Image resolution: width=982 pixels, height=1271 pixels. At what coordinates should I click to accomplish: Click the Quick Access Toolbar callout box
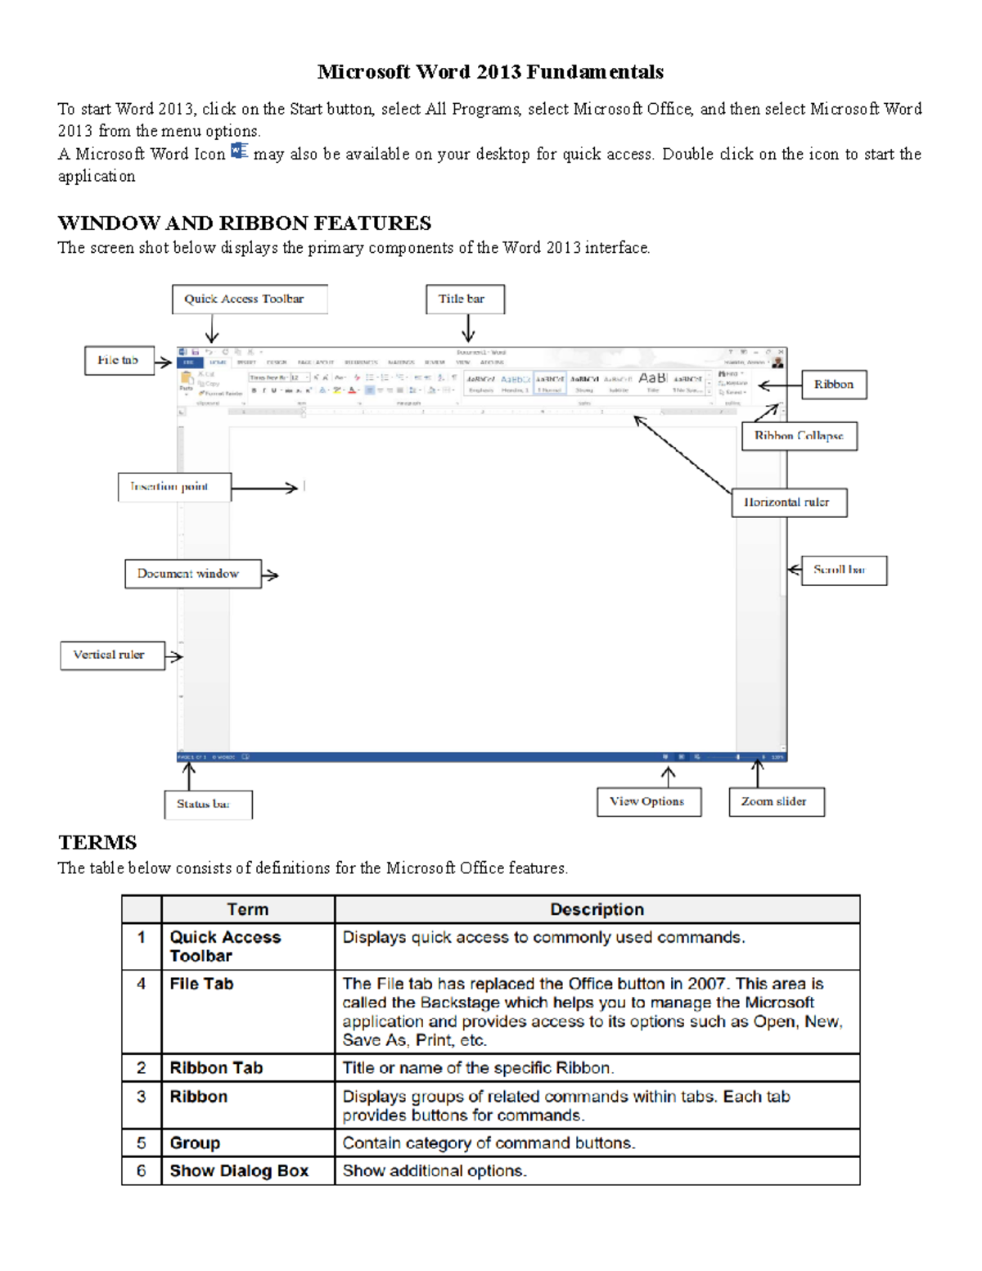point(250,300)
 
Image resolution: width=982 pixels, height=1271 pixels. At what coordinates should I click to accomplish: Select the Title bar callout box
point(465,300)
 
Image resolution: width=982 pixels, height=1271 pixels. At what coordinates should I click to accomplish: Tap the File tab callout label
point(119,360)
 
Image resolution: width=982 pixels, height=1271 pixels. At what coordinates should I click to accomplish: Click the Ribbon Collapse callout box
point(799,436)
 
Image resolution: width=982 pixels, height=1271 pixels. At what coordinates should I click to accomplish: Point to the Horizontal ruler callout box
point(788,503)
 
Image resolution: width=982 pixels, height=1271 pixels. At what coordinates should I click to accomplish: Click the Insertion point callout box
point(174,487)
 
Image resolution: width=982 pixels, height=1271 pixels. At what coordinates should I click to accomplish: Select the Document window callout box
point(193,574)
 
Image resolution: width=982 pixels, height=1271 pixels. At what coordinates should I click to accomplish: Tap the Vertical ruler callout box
point(112,656)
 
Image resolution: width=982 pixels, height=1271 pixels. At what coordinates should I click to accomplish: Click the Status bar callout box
point(208,805)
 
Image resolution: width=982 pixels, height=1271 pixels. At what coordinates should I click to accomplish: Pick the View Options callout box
point(649,802)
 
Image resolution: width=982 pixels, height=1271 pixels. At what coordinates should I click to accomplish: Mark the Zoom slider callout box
point(776,802)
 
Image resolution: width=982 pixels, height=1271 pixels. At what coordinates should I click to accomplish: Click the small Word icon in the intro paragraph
point(239,151)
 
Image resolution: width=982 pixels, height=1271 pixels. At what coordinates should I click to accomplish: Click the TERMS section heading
point(97,842)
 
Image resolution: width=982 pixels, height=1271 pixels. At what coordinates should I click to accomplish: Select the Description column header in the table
point(597,909)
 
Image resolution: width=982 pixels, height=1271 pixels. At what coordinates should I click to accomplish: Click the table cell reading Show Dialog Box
point(239,1171)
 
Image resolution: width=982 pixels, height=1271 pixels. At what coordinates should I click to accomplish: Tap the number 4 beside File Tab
point(142,984)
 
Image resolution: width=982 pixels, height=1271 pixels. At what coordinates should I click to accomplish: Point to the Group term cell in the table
point(195,1143)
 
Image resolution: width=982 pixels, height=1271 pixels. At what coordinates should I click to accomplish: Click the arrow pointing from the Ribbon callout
point(778,385)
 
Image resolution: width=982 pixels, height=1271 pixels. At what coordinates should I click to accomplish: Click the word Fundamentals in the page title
point(594,72)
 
